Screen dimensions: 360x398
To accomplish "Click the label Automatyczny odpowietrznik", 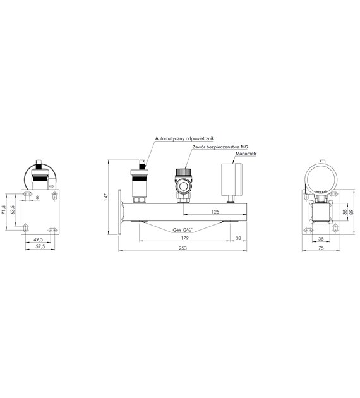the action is pyautogui.click(x=184, y=138).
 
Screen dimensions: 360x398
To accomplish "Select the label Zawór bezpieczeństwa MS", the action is pyautogui.click(x=220, y=147).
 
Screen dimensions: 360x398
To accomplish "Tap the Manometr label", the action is pyautogui.click(x=246, y=154).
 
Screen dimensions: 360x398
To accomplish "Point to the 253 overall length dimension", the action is pyautogui.click(x=183, y=248).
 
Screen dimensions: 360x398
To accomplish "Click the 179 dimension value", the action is pyautogui.click(x=184, y=238).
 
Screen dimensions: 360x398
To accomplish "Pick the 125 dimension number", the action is pyautogui.click(x=215, y=211).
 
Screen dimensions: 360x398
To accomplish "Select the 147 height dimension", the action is pyautogui.click(x=106, y=197).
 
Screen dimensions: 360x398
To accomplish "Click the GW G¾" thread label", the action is pyautogui.click(x=183, y=230).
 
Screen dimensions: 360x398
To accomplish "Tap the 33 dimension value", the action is pyautogui.click(x=239, y=238).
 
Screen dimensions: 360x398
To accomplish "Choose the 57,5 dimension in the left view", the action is pyautogui.click(x=40, y=246).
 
